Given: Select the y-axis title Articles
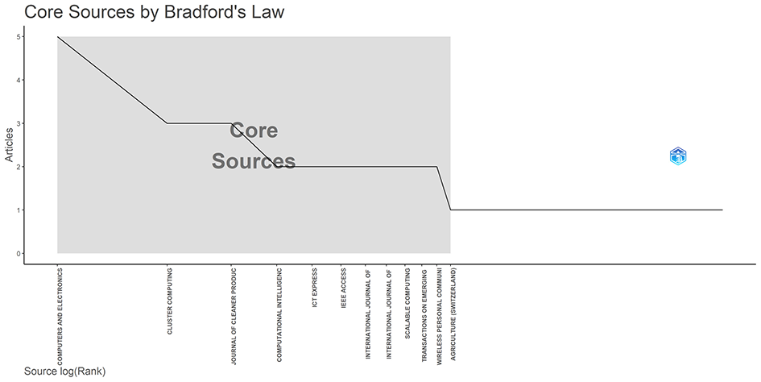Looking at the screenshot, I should coord(10,144).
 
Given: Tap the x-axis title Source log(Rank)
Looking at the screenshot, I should coord(64,372).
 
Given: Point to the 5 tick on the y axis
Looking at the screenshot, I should coord(17,37).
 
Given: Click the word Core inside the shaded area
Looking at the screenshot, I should coord(254,131).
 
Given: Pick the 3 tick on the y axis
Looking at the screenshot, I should coord(17,123).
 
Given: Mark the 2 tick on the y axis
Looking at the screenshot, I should coord(17,167).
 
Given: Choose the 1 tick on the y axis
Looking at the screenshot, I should coord(17,210).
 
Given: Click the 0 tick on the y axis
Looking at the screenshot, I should coord(17,254).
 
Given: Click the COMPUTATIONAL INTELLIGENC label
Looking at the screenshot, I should coord(279,315).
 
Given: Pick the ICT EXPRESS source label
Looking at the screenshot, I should coord(315,289).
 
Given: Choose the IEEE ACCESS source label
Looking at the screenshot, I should coord(344,289).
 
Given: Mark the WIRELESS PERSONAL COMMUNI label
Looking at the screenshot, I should coord(439,315).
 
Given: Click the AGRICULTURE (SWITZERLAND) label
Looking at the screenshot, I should coord(453,315).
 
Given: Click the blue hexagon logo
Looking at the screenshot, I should coord(679,156).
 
